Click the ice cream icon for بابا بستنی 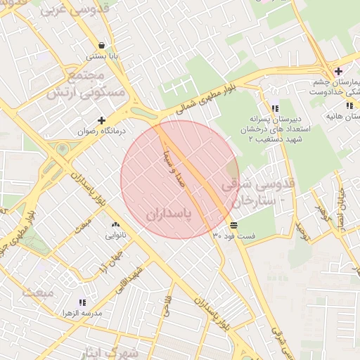click(102, 44)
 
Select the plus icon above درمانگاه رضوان click(102, 120)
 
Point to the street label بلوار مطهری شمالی click(208, 98)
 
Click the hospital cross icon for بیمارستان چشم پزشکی click(338, 71)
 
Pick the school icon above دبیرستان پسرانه click(275, 108)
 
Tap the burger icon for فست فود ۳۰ click(233, 225)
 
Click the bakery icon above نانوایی click(115, 225)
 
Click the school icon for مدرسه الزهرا click(82, 302)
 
